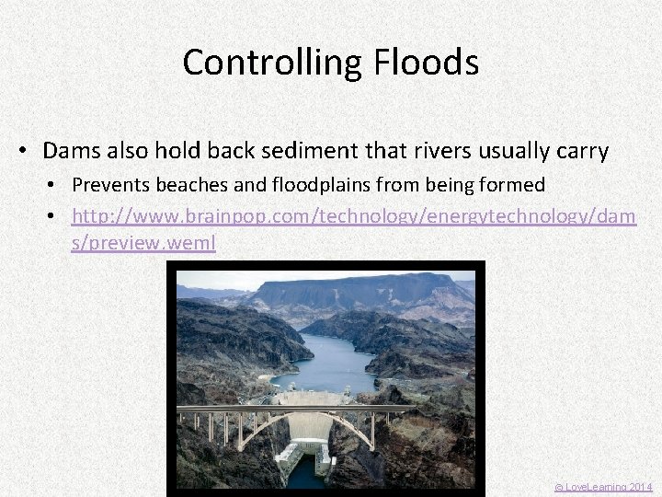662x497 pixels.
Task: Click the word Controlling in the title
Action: point(260,63)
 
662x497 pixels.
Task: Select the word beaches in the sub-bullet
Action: point(191,185)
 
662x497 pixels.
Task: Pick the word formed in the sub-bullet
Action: point(511,185)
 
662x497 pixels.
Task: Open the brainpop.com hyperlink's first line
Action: point(353,215)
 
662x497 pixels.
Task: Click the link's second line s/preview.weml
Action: point(143,245)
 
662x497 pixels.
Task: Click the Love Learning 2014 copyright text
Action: point(602,487)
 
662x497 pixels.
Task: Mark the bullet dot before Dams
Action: point(26,151)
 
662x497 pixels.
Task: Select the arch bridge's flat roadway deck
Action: point(294,408)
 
